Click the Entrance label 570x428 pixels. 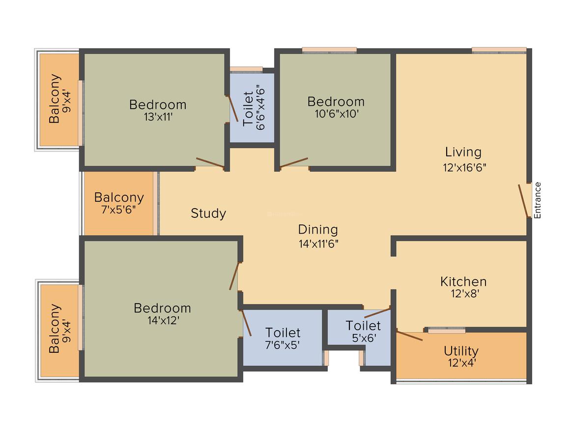pos(537,200)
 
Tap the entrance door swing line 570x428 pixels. pos(523,201)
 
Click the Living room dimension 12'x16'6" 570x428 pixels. pos(464,167)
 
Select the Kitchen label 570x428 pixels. pos(463,281)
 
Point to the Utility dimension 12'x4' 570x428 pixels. pos(462,363)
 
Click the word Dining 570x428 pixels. pos(318,230)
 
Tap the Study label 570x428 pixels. pos(208,214)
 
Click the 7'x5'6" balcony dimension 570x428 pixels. pos(118,210)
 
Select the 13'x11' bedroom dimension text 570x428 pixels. pos(158,117)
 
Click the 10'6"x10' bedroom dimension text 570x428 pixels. pos(337,114)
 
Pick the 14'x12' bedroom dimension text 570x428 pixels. pos(163,320)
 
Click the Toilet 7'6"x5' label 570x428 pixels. pos(283,333)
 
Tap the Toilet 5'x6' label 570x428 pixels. pos(363,325)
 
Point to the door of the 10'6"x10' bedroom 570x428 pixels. pos(294,163)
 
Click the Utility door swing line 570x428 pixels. pos(409,335)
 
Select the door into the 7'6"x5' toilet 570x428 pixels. pos(246,322)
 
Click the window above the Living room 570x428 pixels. pos(499,50)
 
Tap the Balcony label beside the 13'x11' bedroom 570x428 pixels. pos(55,98)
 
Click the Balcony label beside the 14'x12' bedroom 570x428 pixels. pos(54,329)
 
